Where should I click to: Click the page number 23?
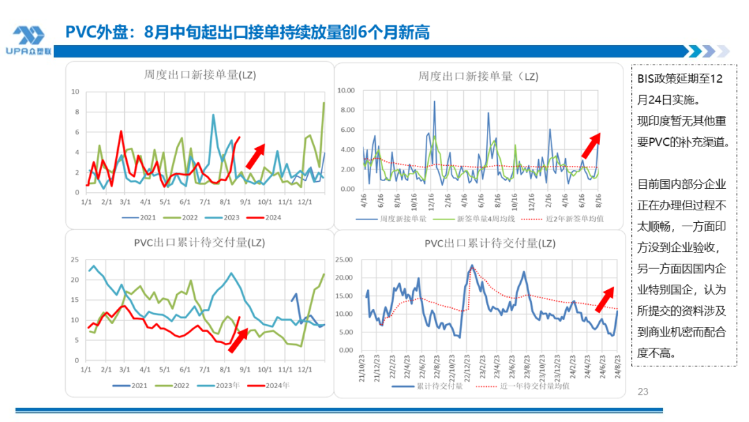(642, 392)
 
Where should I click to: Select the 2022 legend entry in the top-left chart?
(184, 217)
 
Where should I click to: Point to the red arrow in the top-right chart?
(590, 145)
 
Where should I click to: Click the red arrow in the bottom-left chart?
(238, 340)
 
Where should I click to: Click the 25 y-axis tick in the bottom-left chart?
(76, 260)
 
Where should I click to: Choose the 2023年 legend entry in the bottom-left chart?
(226, 385)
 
